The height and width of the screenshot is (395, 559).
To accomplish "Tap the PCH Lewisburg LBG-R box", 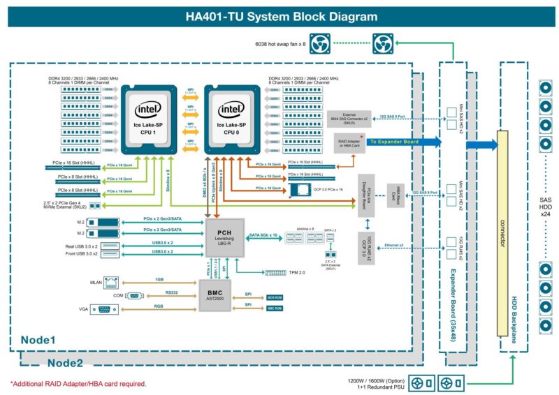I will click(x=224, y=237).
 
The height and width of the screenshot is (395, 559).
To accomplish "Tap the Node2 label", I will click(x=65, y=363).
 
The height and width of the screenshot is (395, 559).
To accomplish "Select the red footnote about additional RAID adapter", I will click(x=78, y=384).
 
